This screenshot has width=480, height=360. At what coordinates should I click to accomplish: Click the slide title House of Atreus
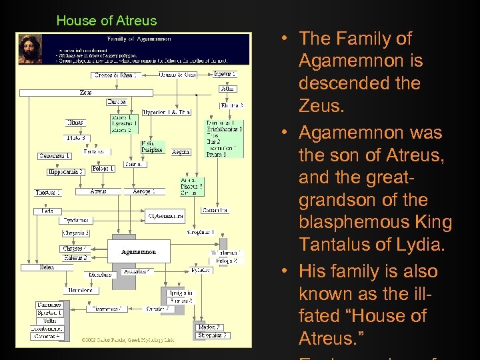click(107, 21)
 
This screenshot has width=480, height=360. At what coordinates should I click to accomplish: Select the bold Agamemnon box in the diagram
click(138, 253)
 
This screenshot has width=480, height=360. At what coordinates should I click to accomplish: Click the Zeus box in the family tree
click(86, 92)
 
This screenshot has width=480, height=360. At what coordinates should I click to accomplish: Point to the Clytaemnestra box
click(165, 216)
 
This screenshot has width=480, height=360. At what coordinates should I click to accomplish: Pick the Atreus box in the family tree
click(99, 191)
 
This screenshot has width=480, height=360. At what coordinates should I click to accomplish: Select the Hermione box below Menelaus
click(81, 291)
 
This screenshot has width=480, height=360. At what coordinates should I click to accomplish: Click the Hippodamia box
click(65, 172)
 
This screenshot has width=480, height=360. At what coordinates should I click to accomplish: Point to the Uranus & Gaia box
click(177, 75)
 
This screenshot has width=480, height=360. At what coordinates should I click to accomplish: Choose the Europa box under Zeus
click(116, 102)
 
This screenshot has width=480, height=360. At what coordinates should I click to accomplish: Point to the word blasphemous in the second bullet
click(365, 222)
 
